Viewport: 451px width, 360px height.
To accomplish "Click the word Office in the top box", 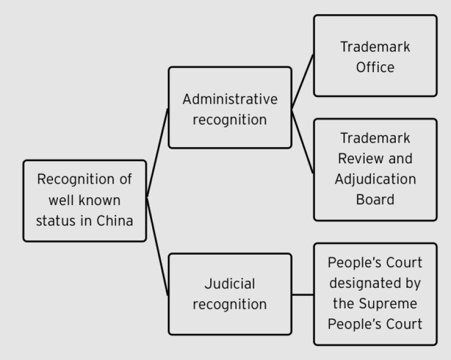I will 375,67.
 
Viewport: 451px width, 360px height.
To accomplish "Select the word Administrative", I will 230,99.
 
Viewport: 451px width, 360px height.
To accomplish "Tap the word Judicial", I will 230,283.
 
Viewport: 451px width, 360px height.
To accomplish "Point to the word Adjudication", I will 375,179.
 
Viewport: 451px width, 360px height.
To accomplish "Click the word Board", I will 375,199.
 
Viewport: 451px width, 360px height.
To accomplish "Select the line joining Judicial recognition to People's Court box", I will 303,294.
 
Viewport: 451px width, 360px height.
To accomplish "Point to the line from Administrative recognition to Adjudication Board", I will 303,141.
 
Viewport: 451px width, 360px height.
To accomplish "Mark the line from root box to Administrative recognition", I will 157,153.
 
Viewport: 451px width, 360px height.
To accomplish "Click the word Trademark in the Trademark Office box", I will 375,47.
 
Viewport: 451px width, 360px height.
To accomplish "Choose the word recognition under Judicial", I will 230,304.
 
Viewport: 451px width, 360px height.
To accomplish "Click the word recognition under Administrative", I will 230,119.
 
